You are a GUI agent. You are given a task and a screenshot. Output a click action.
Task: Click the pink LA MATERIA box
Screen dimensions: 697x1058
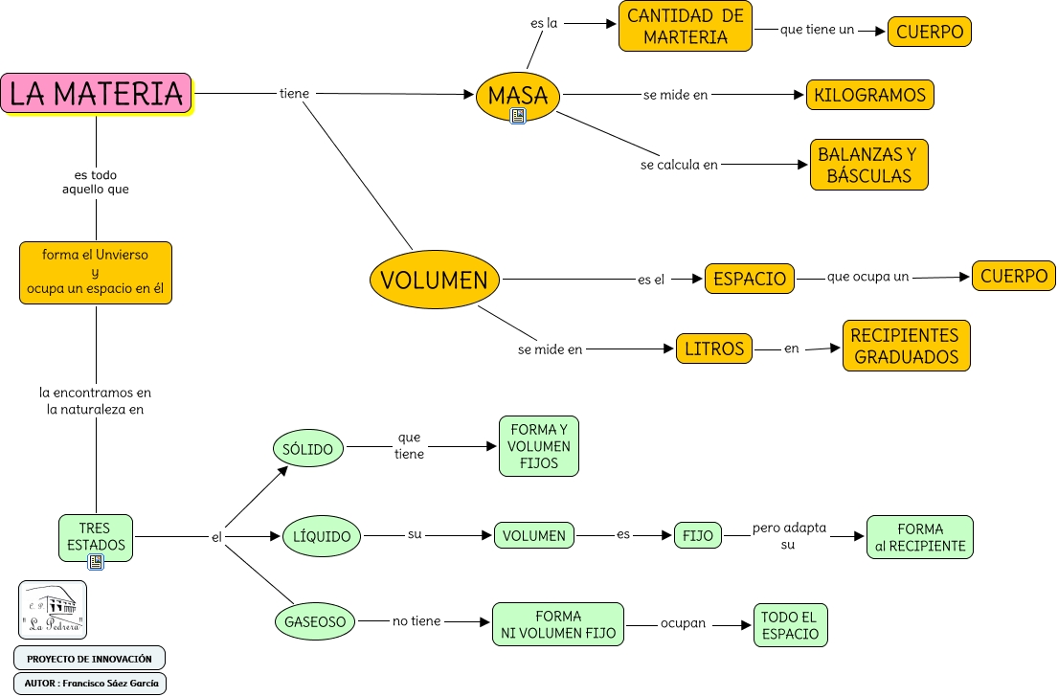coord(96,94)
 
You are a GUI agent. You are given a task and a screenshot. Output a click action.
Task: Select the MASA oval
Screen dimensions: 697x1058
coord(517,95)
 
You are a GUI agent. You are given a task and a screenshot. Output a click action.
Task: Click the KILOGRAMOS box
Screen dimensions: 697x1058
coord(869,95)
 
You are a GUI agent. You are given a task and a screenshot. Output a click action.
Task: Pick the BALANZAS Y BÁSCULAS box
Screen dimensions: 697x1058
coord(867,165)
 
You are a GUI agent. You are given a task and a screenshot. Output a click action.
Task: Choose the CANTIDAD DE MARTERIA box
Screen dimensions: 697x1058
coord(686,27)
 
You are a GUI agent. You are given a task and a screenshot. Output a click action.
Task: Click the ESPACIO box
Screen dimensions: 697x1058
coord(750,279)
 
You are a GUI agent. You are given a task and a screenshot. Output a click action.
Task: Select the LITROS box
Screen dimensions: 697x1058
coord(714,348)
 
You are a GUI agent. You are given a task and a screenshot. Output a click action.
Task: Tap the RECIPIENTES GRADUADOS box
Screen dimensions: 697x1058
coord(906,346)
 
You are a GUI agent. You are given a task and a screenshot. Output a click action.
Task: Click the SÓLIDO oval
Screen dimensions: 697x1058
coord(308,448)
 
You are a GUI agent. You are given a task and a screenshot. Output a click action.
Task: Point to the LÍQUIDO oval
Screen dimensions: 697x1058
coord(322,536)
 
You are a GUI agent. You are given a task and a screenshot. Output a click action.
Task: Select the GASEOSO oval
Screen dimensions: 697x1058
coord(314,621)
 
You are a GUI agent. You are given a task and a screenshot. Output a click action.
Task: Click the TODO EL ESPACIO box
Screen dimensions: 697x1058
coord(790,625)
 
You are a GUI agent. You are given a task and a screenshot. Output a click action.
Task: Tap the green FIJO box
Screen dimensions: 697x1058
coord(698,535)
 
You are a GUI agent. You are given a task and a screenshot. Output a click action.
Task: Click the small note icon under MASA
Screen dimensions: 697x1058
coord(518,117)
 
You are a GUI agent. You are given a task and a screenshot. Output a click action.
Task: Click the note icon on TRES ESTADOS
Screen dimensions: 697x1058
coord(96,562)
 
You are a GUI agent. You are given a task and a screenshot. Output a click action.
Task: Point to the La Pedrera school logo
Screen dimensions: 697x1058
coord(53,610)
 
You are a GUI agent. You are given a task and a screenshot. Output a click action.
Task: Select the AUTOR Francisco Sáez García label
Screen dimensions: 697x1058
coord(90,683)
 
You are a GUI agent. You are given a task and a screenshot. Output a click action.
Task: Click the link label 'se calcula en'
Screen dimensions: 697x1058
coord(679,165)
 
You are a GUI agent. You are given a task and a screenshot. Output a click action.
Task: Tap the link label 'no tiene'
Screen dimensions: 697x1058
coord(416,621)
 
